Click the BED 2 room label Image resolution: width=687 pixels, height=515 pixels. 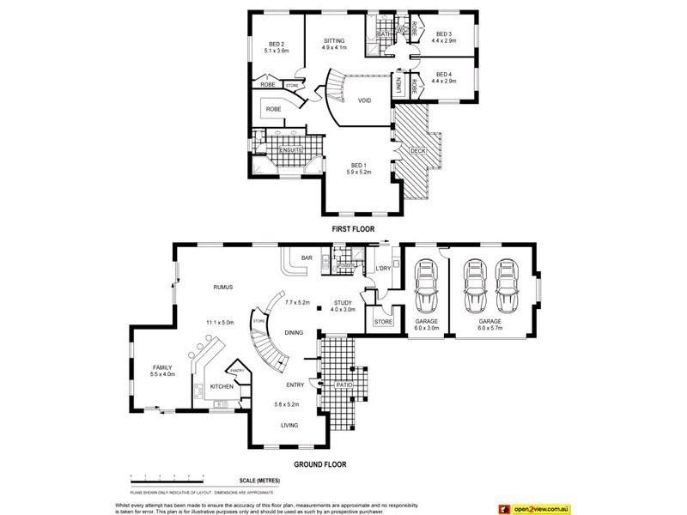[x=276, y=45]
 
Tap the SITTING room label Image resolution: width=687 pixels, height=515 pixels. [x=334, y=40]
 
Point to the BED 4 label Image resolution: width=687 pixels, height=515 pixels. [x=443, y=75]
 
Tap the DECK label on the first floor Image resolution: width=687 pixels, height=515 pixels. [x=418, y=151]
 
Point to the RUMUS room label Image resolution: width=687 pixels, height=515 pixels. [x=225, y=287]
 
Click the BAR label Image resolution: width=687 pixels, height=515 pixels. [x=305, y=257]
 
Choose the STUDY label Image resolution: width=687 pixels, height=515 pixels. [x=342, y=303]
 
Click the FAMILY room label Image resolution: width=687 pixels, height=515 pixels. [x=162, y=367]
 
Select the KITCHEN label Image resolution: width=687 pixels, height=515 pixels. [x=222, y=387]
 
